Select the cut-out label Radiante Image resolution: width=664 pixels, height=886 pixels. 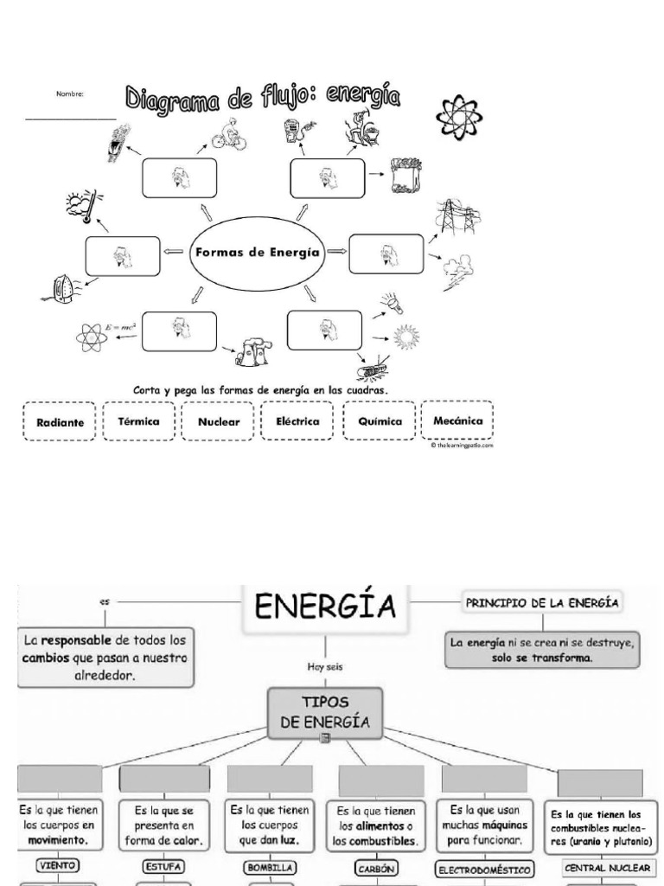coord(60,423)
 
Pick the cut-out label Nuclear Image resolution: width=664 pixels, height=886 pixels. coord(218,422)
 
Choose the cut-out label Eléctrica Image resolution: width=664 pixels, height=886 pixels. coord(297,421)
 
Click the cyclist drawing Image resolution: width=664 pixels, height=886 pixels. coord(227,132)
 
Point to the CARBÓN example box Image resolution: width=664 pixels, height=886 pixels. coord(381,863)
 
